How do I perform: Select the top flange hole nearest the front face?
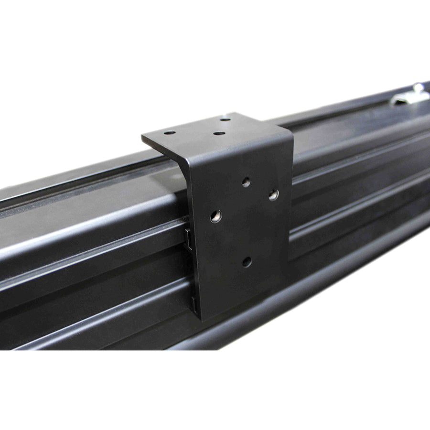click(x=219, y=133)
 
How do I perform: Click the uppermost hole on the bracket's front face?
click(x=246, y=182)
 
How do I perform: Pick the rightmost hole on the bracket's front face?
click(x=273, y=194)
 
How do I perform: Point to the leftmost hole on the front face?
click(x=216, y=216)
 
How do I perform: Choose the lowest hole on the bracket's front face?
click(x=247, y=261)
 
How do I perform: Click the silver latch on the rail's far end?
click(x=410, y=97)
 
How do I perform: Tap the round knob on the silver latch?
click(x=418, y=88)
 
